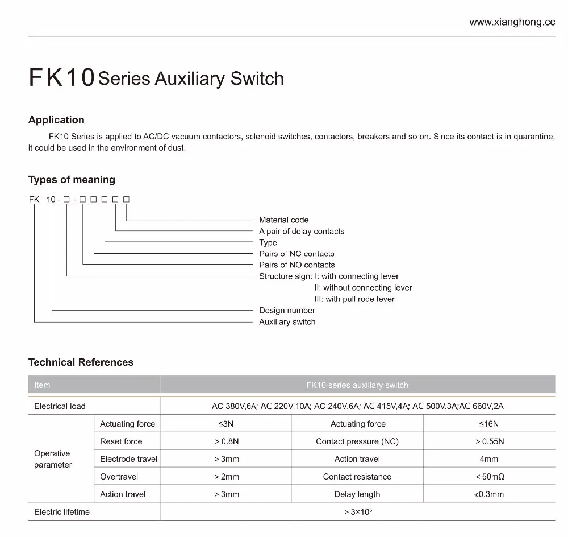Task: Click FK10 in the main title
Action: click(61, 79)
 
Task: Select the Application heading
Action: click(56, 120)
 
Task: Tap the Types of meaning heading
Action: click(72, 180)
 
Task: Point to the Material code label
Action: click(283, 220)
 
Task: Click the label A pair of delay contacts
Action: click(302, 231)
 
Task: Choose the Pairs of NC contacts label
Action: click(296, 254)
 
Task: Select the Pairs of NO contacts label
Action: click(296, 265)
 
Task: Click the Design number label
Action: click(287, 311)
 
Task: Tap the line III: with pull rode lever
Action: click(354, 299)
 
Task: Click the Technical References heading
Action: click(81, 362)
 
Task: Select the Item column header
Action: click(42, 385)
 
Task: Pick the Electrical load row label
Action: click(60, 406)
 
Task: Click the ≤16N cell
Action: click(488, 424)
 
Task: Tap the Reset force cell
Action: click(121, 441)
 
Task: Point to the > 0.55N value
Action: click(490, 441)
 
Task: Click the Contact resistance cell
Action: click(357, 477)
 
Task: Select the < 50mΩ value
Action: click(490, 477)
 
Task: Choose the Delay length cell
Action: click(357, 494)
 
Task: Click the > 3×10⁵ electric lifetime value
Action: click(358, 512)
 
